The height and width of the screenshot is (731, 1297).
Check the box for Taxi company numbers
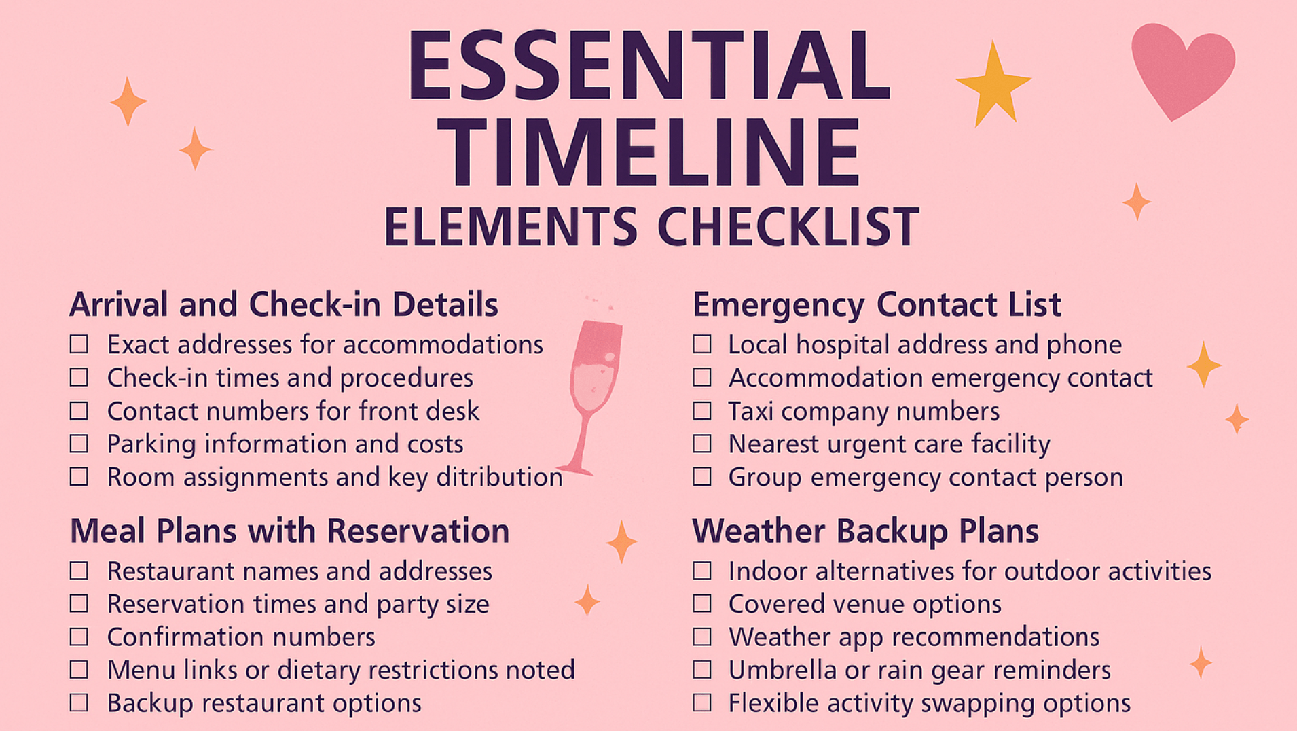(702, 411)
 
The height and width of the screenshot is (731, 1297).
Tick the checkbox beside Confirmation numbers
(79, 637)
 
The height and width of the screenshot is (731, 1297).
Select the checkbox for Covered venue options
(702, 604)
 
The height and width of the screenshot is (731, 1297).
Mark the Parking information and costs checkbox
(79, 444)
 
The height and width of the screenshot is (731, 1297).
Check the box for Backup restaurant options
(79, 703)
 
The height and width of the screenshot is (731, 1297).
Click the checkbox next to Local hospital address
(702, 344)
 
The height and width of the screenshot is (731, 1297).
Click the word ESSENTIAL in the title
(648, 66)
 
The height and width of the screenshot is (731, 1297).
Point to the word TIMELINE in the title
(648, 152)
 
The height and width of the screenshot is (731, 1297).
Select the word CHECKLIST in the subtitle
(788, 227)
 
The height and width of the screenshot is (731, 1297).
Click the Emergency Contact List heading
(876, 304)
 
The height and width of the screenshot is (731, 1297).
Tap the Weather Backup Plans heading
(865, 531)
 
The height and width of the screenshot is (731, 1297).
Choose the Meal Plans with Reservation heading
(289, 531)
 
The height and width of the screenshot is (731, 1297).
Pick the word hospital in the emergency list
(843, 345)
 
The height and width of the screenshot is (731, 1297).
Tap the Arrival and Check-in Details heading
(284, 304)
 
